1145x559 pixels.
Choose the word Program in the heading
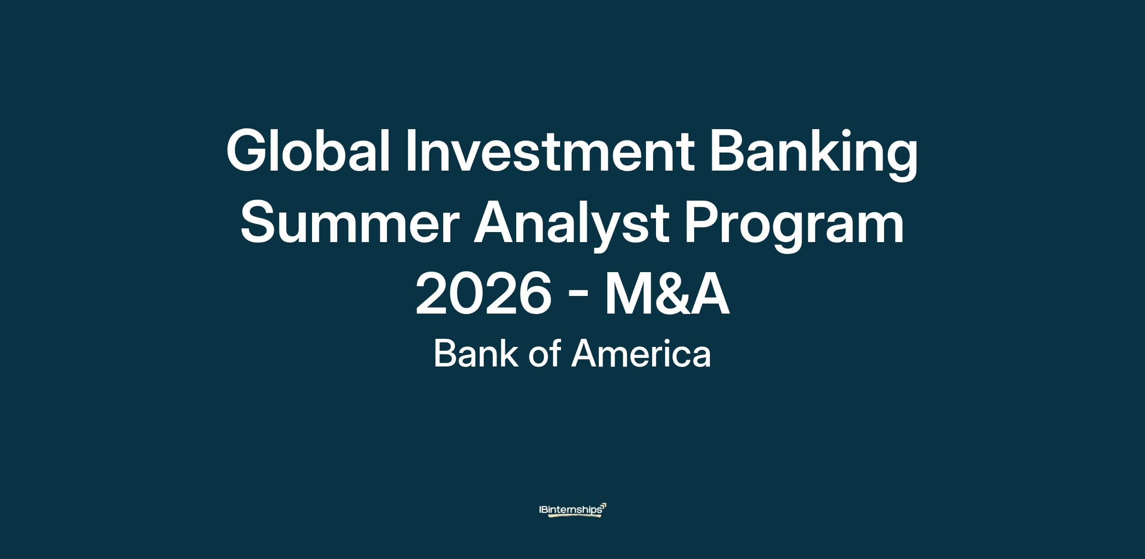(794, 228)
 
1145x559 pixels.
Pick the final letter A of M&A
(708, 294)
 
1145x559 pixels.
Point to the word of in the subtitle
(544, 354)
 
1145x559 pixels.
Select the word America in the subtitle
(641, 354)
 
